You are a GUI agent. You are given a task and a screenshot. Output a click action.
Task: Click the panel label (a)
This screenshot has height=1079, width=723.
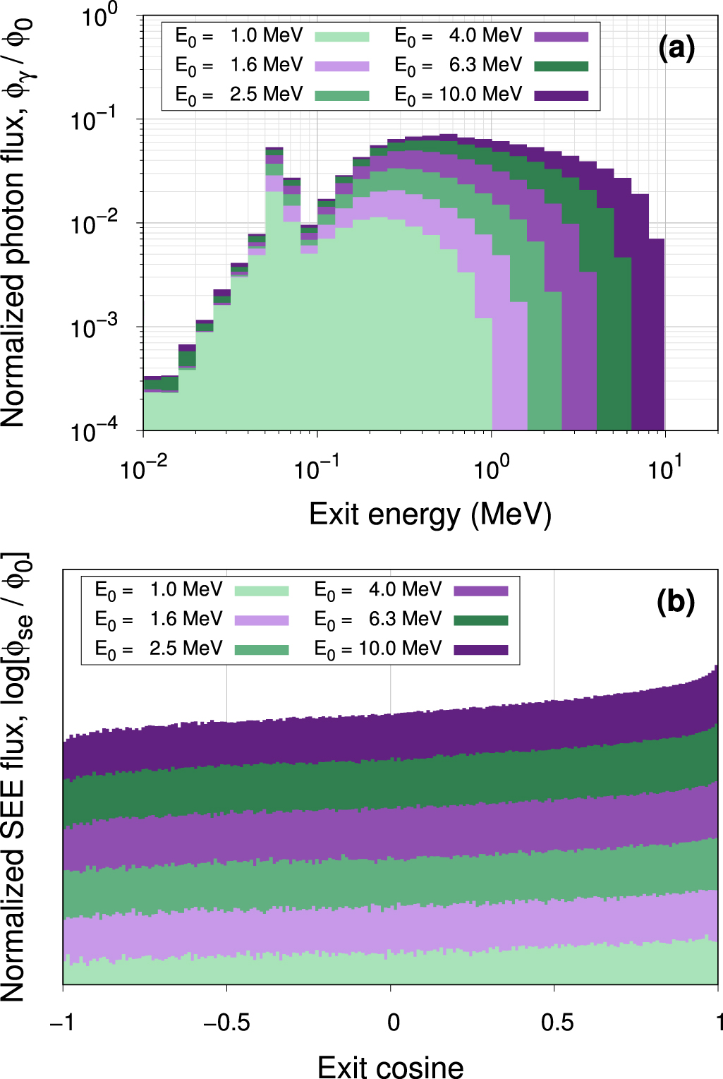tap(676, 48)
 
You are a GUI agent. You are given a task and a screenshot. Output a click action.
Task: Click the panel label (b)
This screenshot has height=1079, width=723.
tap(676, 602)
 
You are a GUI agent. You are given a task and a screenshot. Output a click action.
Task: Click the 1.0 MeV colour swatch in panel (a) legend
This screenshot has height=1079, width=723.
tap(342, 37)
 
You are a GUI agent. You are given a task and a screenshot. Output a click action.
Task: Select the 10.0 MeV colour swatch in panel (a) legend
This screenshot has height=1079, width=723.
tap(561, 96)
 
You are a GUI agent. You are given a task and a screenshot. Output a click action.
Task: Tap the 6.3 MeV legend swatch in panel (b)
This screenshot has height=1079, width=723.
tap(480, 620)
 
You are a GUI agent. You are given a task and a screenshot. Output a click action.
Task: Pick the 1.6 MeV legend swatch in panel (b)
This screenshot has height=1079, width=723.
tap(262, 620)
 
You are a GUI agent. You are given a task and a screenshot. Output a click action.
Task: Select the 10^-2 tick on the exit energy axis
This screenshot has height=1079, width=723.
tap(143, 469)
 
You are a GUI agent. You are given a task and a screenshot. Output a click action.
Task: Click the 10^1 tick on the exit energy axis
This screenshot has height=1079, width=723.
tap(664, 469)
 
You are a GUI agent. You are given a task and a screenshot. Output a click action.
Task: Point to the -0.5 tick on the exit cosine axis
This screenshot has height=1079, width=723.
tap(226, 1023)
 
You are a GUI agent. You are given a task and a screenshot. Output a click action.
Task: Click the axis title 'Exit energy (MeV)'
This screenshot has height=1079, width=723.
tap(430, 514)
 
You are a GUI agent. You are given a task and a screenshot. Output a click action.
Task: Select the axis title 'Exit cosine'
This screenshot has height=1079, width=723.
tap(390, 1066)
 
